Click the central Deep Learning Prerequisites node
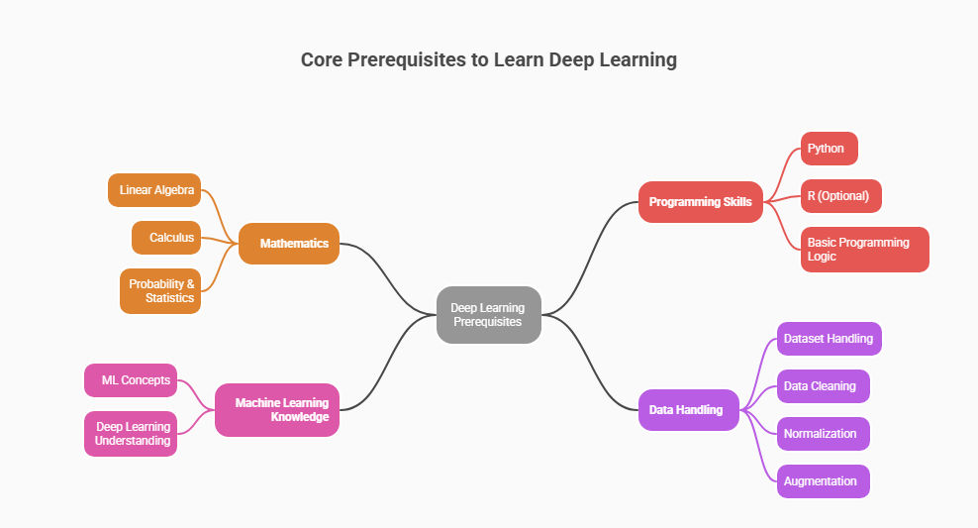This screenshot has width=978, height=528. tap(489, 315)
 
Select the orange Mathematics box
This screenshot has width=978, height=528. tap(289, 244)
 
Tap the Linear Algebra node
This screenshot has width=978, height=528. tap(154, 190)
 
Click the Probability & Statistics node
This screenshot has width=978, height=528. tap(160, 291)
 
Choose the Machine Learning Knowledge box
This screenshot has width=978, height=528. tap(277, 410)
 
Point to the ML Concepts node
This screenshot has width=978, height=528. tap(131, 380)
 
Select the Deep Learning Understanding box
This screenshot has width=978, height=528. tap(131, 434)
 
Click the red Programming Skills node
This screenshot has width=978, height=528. tap(700, 202)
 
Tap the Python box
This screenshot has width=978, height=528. tap(829, 149)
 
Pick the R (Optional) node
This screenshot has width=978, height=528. tap(840, 196)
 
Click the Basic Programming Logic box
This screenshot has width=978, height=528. tap(864, 250)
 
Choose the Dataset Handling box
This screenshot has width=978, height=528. tap(829, 339)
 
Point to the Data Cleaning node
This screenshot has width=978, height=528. tap(823, 386)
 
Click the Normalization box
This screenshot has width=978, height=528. tap(823, 434)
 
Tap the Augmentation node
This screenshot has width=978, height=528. tap(823, 481)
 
